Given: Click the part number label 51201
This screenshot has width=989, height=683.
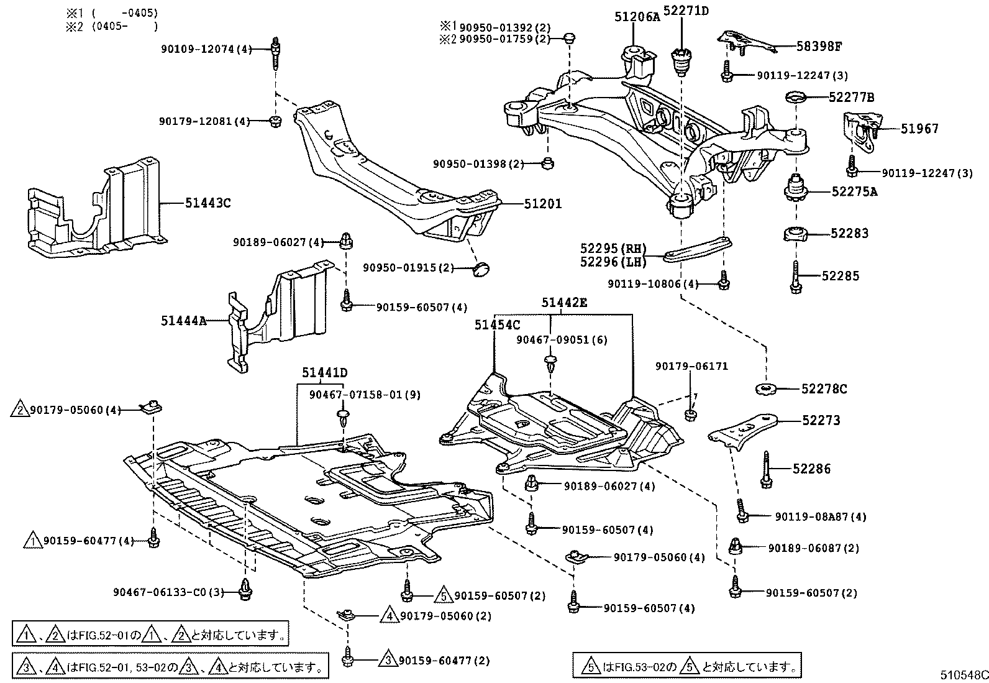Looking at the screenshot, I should point(542,203).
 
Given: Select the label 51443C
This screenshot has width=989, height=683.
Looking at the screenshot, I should point(207,203).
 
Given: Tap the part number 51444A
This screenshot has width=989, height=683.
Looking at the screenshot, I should point(183,321).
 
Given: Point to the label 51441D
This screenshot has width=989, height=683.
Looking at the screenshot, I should point(325,373).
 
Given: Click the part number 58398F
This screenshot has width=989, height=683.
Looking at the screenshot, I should point(819,45).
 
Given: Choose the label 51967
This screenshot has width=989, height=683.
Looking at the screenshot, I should point(920,129).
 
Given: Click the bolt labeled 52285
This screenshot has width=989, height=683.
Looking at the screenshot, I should point(796,277).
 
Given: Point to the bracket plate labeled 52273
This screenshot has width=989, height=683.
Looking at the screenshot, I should point(744,431).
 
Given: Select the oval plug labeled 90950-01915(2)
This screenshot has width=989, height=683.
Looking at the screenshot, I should point(481,268).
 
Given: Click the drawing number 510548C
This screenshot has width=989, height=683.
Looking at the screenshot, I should point(963,675).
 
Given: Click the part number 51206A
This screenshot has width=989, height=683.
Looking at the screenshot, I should point(637,17).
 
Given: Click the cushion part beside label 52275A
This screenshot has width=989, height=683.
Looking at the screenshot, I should point(795,189).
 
